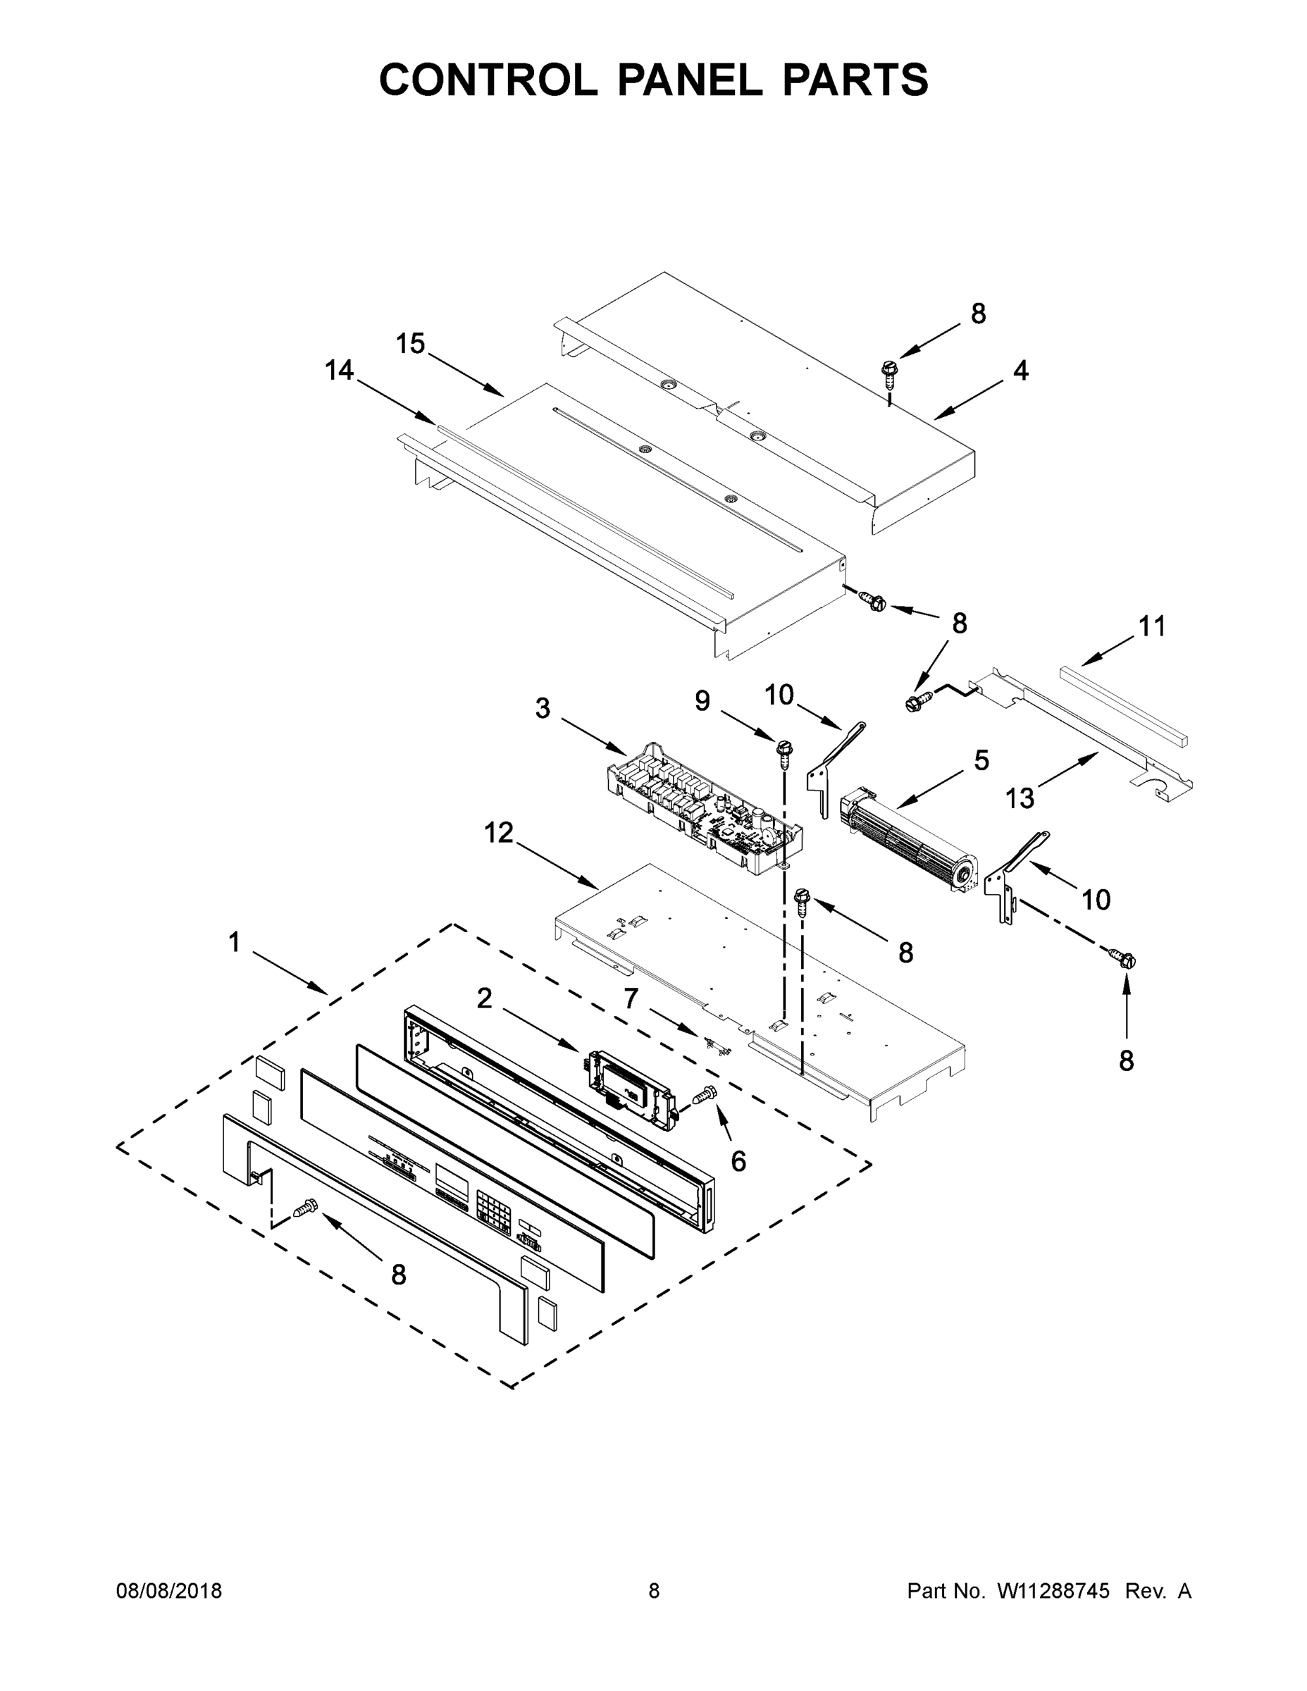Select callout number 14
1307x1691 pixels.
coord(339,370)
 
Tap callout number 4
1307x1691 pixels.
coord(1020,371)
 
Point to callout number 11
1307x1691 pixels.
coord(1151,626)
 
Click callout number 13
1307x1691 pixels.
coord(1020,798)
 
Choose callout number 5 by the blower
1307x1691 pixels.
coord(981,760)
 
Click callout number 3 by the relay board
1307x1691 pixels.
coord(543,707)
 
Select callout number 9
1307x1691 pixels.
coord(702,701)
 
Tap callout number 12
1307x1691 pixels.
coord(499,833)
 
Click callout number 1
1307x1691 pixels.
coord(234,942)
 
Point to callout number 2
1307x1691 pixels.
coord(484,999)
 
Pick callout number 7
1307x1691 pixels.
coord(631,1000)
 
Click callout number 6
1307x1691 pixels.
coord(738,1160)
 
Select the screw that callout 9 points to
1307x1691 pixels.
coord(783,751)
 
